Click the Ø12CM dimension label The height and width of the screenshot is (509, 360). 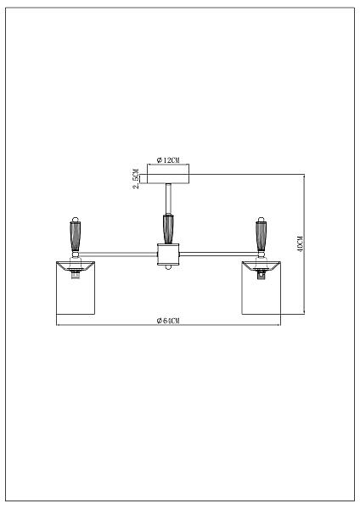pos(167,160)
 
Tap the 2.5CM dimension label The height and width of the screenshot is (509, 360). pos(137,179)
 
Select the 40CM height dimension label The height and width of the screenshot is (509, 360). pos(300,243)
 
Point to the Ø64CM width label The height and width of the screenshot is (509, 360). pos(167,321)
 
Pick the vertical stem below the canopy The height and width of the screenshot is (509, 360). pos(168,199)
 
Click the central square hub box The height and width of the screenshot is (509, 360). pos(168,255)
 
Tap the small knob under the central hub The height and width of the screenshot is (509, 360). pos(168,267)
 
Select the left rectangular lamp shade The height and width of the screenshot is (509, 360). pos(76,288)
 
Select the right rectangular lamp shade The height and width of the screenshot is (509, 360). pos(262,288)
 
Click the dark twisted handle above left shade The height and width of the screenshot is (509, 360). pos(76,236)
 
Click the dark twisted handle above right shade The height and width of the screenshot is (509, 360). pos(261,236)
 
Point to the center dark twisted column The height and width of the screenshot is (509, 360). pos(168,229)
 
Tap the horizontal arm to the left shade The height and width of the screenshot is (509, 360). pos(119,254)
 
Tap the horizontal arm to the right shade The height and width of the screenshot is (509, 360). pos(217,254)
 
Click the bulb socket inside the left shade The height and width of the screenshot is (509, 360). pos(76,275)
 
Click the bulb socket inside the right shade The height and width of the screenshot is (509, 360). pos(261,275)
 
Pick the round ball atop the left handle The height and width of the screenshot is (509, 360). pos(76,219)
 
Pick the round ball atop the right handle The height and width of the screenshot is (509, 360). pos(261,219)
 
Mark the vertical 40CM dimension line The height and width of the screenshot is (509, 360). pos(305,243)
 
